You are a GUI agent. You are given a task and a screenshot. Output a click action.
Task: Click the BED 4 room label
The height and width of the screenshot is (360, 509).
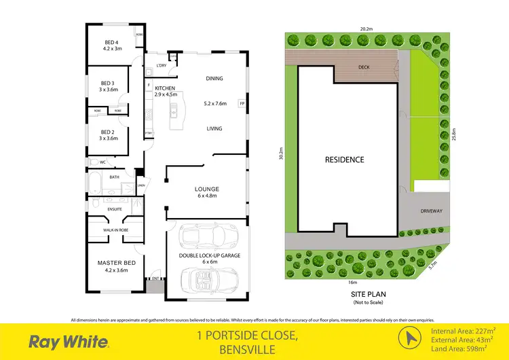[x=109, y=41]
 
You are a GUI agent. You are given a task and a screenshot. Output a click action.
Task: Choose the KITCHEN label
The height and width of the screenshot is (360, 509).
[x=166, y=88]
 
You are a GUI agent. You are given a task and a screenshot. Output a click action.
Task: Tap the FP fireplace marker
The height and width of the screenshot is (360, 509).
[x=241, y=104]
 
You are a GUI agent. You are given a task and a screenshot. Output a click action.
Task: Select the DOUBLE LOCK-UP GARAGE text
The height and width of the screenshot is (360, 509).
[x=205, y=255]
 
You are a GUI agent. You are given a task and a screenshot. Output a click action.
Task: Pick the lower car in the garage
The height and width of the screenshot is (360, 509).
[x=206, y=278]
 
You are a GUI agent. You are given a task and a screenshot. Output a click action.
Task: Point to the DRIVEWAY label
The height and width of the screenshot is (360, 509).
[x=430, y=211]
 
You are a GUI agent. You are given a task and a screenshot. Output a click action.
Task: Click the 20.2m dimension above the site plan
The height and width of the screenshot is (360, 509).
[x=366, y=29]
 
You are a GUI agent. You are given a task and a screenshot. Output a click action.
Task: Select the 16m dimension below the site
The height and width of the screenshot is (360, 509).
[x=352, y=282]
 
